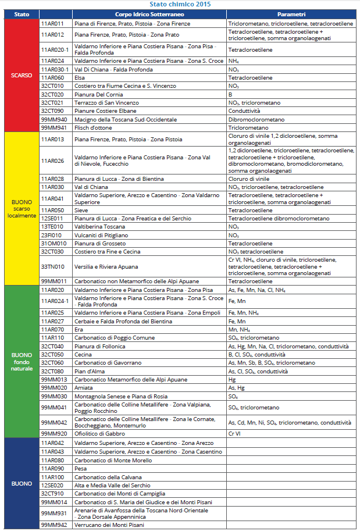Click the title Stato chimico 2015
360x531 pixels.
pyautogui.click(x=180, y=4)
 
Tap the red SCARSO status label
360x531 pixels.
pyautogui.click(x=22, y=76)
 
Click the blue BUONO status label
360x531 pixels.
pyautogui.click(x=22, y=483)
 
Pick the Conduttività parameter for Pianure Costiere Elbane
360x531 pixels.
pyautogui.click(x=244, y=111)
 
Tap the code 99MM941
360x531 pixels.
pyautogui.click(x=53, y=127)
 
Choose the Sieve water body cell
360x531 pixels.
pyautogui.click(x=81, y=210)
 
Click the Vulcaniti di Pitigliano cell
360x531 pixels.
pyautogui.click(x=101, y=235)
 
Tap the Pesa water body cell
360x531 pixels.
pyautogui.click(x=81, y=468)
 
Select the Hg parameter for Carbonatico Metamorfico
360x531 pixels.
pyautogui.click(x=231, y=380)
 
